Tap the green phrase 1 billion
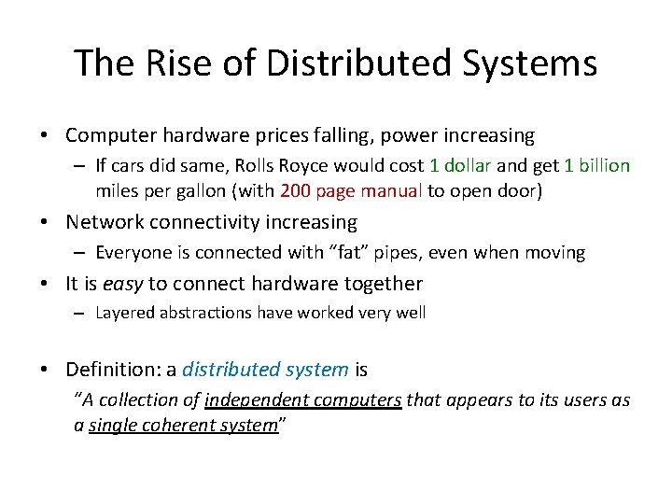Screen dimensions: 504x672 [x=597, y=166]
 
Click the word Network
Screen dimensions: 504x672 [x=107, y=222]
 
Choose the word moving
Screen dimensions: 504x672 [x=553, y=253]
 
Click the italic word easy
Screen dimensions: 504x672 [x=121, y=284]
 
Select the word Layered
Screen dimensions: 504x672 [x=127, y=314]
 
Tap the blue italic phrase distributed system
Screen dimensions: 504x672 [x=265, y=370]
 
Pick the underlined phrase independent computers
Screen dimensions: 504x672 [x=303, y=400]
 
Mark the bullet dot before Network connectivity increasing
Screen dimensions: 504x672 [x=46, y=223]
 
